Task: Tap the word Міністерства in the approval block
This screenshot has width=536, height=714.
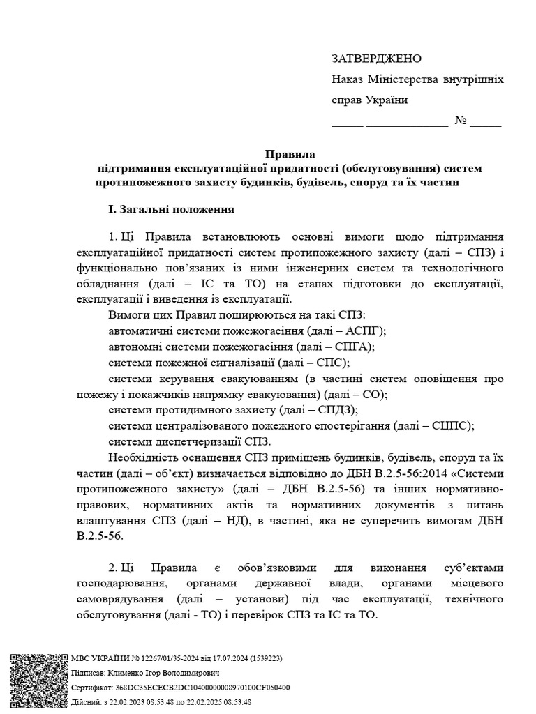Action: pyautogui.click(x=401, y=79)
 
